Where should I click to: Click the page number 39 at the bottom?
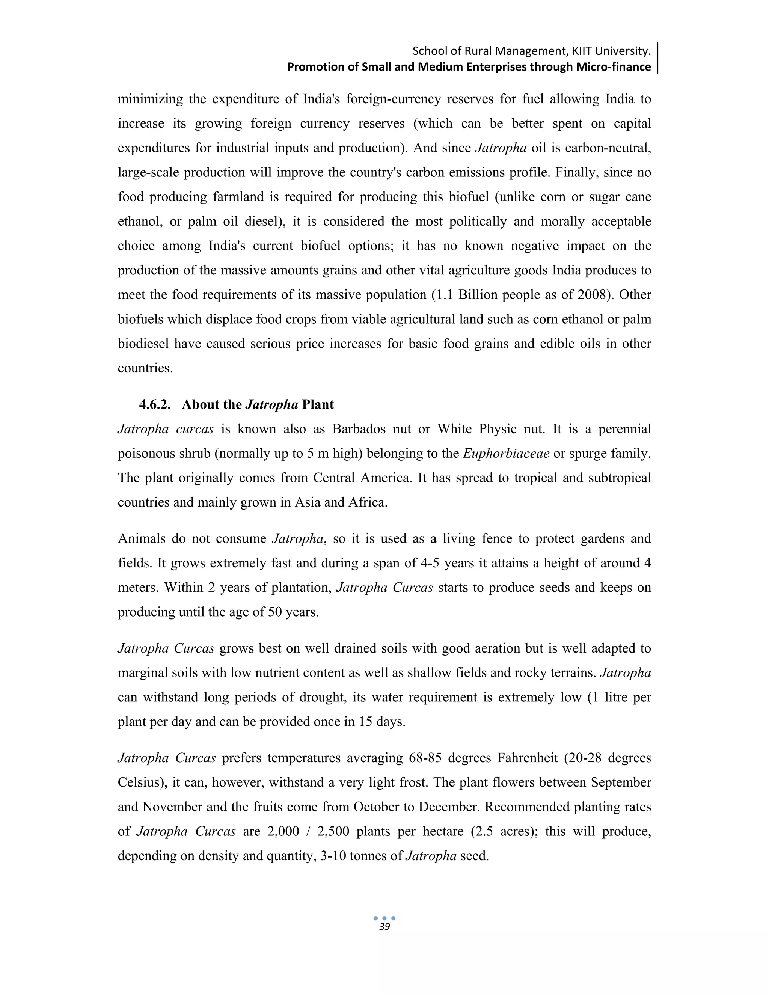[x=384, y=927]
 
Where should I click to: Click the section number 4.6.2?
[x=155, y=404]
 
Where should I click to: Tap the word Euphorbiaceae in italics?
[x=506, y=453]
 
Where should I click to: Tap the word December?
[x=448, y=807]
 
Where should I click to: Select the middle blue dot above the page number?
[x=384, y=918]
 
